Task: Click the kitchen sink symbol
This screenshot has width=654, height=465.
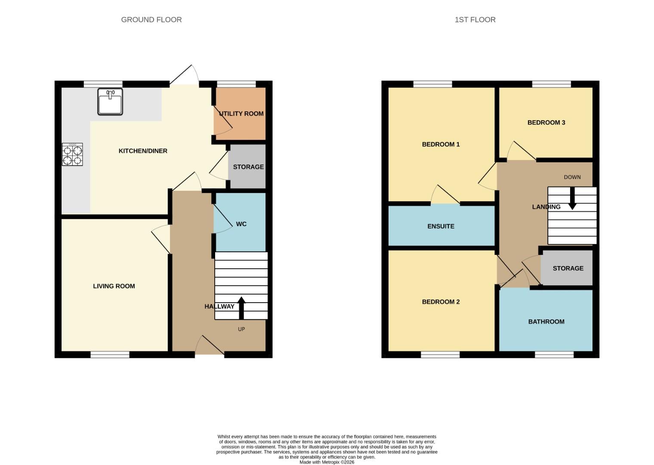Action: tap(110, 102)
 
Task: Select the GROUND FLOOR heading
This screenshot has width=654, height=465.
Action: tap(151, 20)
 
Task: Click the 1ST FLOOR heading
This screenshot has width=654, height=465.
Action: tap(475, 20)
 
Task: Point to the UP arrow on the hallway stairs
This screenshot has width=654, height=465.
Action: tap(241, 307)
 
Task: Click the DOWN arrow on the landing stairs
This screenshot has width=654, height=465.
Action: tap(572, 198)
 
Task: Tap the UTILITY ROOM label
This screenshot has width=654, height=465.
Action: tap(241, 114)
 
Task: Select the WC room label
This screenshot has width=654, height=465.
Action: tap(241, 224)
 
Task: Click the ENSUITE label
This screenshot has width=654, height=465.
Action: tap(441, 226)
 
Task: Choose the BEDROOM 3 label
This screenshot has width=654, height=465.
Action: tap(546, 123)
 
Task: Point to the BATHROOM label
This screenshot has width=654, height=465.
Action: tap(546, 322)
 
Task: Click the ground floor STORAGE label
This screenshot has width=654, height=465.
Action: tap(248, 167)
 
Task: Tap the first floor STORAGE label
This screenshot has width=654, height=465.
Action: tap(568, 268)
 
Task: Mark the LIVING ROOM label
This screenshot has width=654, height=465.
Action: tap(114, 286)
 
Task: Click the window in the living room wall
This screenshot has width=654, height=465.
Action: tap(110, 355)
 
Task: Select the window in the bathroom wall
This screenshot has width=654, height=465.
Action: tap(554, 355)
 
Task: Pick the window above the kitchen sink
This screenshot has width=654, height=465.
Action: tap(103, 84)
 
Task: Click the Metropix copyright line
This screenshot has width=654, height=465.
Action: tap(327, 462)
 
